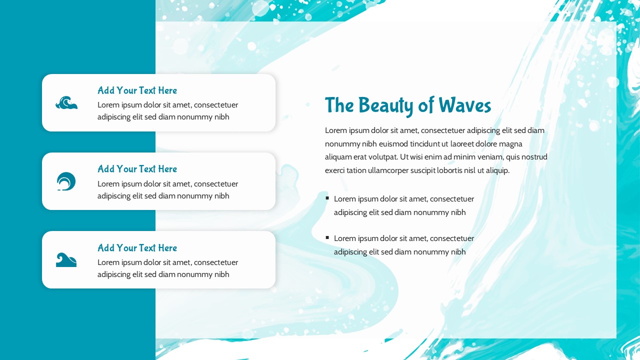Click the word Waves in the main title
(x=465, y=105)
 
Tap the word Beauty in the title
(x=385, y=106)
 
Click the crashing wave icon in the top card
(x=66, y=102)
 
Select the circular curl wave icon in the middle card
(x=66, y=181)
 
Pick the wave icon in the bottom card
(x=66, y=259)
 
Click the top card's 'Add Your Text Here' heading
(x=137, y=90)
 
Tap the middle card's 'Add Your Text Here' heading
(x=137, y=169)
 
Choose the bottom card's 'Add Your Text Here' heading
(x=137, y=247)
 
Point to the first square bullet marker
(x=327, y=198)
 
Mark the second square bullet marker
(x=327, y=237)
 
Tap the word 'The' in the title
(x=339, y=105)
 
